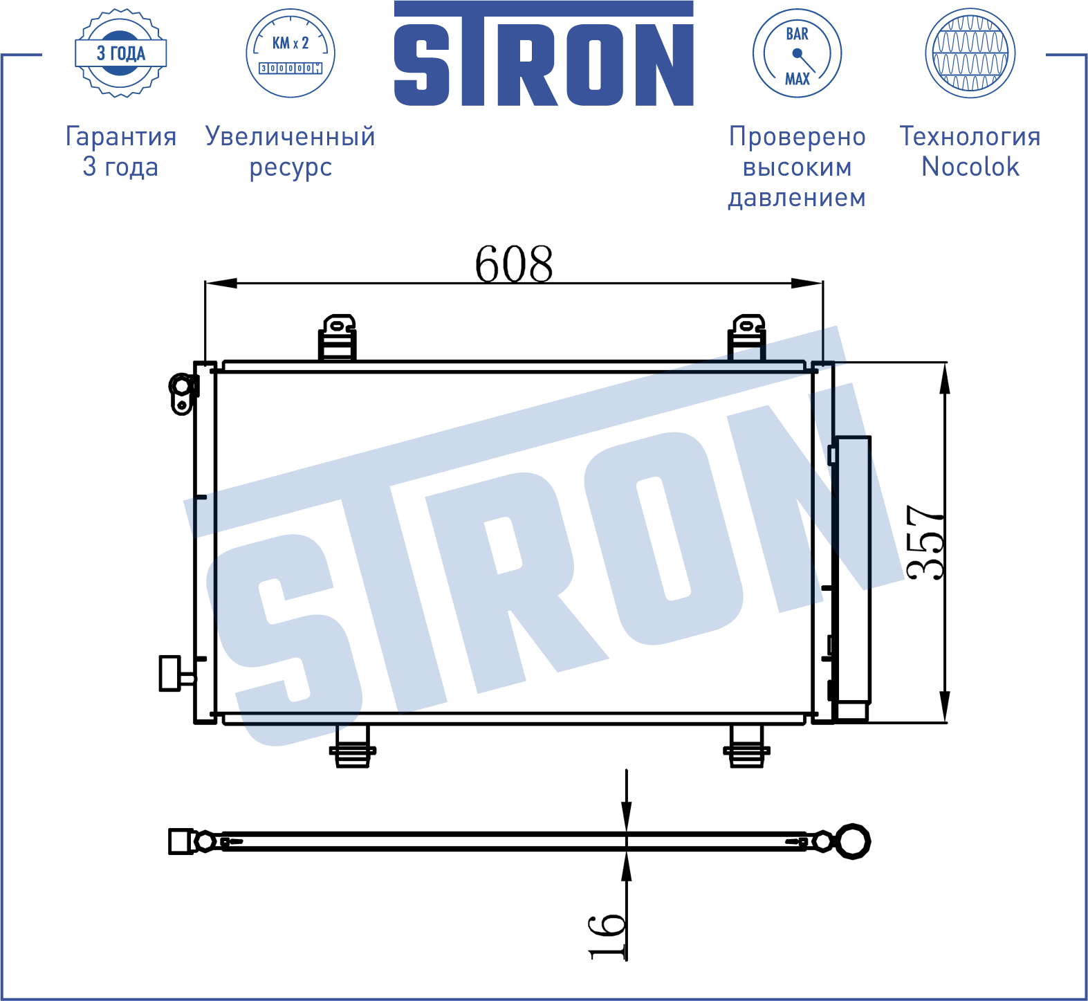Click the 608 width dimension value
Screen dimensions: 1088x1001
coord(514,264)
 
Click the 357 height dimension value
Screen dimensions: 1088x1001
coord(925,542)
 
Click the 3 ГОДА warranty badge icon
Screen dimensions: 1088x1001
coord(121,53)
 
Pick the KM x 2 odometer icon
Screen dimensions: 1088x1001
coord(291,53)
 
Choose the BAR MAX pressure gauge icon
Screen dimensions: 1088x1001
coord(797,53)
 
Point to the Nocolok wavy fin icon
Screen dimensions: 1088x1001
coord(970,53)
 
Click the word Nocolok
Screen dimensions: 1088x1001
coord(970,167)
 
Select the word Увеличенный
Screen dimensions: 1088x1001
coord(291,136)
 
